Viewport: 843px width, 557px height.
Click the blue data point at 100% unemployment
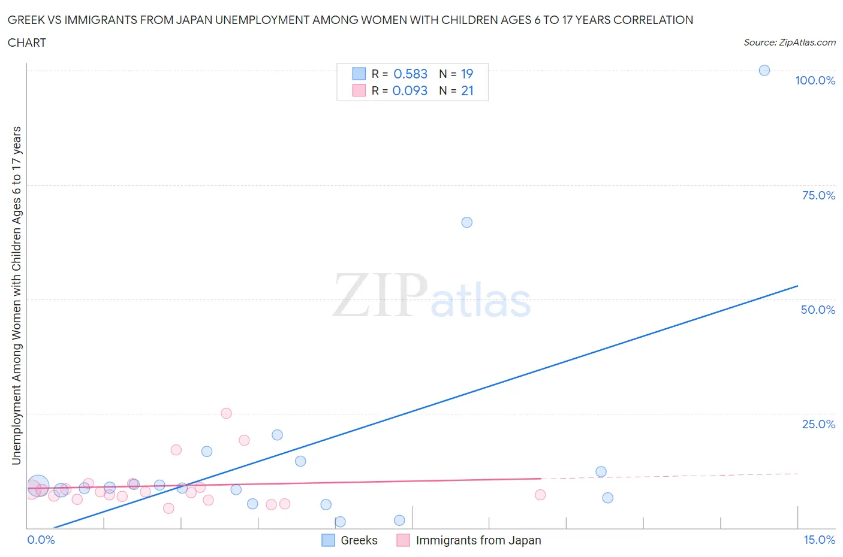764,70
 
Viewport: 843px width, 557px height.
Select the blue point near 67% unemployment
466,222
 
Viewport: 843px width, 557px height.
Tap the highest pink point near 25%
226,413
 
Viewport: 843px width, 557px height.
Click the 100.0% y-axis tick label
815,80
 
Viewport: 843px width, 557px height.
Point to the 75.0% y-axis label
818,195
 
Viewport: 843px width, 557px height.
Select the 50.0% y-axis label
818,310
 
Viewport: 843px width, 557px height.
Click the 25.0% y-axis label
818,424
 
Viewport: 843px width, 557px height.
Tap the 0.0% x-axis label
41,540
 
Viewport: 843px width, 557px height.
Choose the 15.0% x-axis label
819,540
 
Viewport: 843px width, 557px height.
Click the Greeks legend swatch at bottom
328,540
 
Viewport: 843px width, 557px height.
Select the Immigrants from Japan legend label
478,540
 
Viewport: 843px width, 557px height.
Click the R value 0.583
410,74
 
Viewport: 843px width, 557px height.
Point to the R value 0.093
410,90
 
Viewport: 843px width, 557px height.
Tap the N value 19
467,74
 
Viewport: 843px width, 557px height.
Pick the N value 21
467,90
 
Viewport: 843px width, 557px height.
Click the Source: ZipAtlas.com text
789,42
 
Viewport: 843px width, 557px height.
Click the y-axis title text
16,295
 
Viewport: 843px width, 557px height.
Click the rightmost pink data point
540,495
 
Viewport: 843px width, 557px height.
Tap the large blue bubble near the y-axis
38,486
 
